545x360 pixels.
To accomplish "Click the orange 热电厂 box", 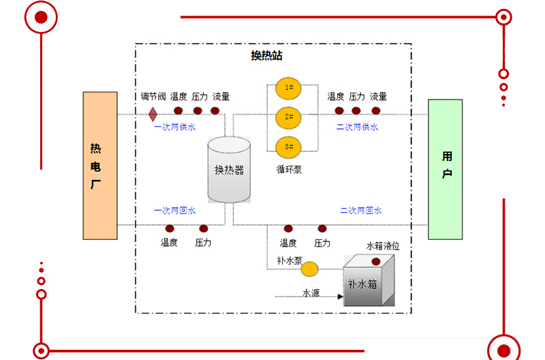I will (x=99, y=166).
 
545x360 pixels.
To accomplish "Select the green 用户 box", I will (x=446, y=169).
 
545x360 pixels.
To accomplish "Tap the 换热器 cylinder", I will (x=229, y=170).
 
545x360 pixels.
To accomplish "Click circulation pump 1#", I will (x=289, y=88).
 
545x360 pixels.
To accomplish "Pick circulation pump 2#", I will (x=289, y=117).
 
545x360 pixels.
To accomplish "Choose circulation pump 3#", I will (x=289, y=147).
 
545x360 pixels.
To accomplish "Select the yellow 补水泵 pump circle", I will (x=310, y=269).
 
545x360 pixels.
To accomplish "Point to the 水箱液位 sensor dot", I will (x=375, y=262).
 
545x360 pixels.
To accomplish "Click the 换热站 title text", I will (x=266, y=56).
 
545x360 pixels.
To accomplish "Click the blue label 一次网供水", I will (x=174, y=127).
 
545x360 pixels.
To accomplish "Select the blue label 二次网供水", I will (x=357, y=127).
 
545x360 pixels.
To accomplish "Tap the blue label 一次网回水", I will (x=174, y=211).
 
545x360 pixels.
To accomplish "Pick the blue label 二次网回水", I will (x=361, y=211).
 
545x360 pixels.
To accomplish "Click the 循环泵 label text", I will (x=289, y=170).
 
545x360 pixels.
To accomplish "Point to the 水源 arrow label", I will (x=311, y=293).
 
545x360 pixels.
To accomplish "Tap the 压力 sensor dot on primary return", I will (x=203, y=228).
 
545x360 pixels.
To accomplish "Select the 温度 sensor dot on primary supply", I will (x=178, y=110).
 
